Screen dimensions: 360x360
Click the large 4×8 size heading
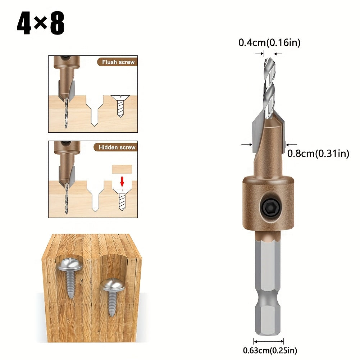point(41,23)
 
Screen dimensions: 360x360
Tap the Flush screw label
point(118,62)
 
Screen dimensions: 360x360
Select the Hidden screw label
point(117,147)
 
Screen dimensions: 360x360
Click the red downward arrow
point(122,182)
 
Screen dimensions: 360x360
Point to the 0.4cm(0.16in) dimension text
point(269,42)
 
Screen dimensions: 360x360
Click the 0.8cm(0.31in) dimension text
point(318,153)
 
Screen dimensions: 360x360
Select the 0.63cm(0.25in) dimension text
point(270,350)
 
